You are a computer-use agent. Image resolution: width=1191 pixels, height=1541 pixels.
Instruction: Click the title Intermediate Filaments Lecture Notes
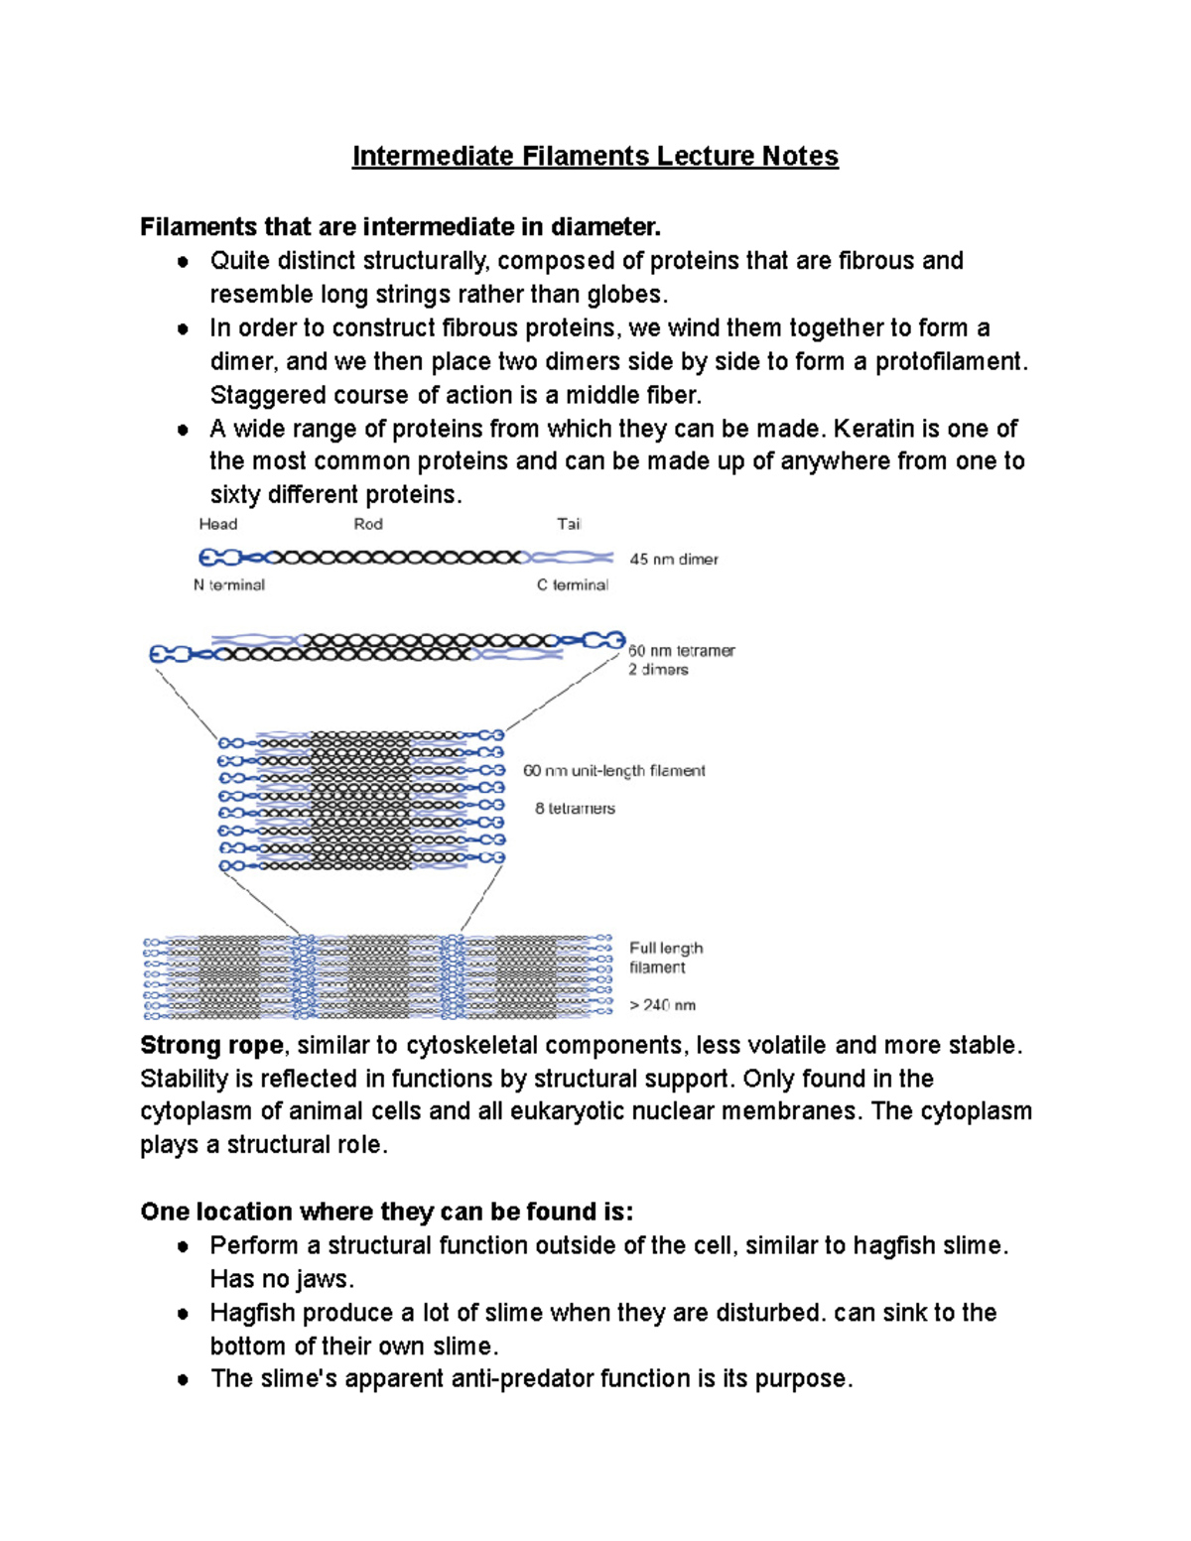(x=595, y=157)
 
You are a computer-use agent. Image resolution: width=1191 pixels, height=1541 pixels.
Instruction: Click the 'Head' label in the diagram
(x=217, y=524)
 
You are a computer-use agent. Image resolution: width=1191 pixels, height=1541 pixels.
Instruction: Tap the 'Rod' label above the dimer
(x=368, y=524)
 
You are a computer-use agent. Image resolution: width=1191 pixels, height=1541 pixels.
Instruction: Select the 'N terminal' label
(x=229, y=585)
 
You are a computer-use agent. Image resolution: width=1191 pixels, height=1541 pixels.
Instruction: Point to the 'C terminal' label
(x=573, y=585)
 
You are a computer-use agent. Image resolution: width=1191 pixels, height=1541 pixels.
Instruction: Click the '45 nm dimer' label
(x=674, y=560)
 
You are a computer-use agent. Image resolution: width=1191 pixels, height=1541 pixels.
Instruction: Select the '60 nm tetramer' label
(x=681, y=651)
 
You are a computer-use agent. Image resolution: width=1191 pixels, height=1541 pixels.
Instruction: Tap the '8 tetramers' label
(x=575, y=809)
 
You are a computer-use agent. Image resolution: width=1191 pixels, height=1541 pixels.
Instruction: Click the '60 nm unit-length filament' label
(x=614, y=771)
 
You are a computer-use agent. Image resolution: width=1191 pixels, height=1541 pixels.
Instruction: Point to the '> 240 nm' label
(x=662, y=1005)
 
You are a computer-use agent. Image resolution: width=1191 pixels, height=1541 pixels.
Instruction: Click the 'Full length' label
(x=666, y=949)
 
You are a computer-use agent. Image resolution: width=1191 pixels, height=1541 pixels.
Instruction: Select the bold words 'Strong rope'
(x=211, y=1046)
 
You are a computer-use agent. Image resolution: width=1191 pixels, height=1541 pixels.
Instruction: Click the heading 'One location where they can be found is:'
(x=387, y=1212)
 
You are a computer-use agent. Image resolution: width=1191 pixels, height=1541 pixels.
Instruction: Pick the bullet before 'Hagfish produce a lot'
(x=183, y=1314)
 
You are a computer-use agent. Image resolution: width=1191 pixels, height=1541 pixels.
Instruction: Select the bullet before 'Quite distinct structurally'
(x=183, y=262)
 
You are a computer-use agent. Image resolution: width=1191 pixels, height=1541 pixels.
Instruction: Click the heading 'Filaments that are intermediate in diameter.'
(x=400, y=227)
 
